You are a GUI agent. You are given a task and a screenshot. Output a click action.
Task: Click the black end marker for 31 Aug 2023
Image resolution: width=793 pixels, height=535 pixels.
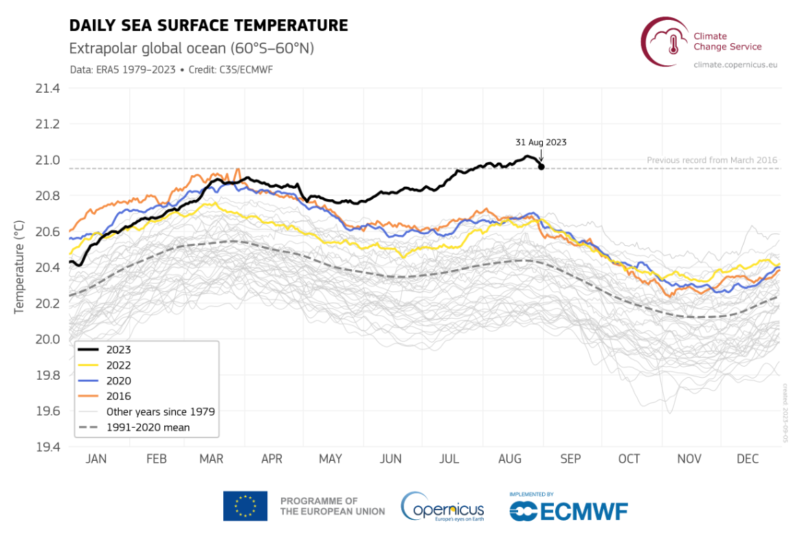(541, 167)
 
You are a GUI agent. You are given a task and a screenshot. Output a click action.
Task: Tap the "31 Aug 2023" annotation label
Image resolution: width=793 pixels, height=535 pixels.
(541, 142)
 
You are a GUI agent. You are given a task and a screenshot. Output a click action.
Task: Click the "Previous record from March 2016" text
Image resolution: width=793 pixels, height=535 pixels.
(712, 161)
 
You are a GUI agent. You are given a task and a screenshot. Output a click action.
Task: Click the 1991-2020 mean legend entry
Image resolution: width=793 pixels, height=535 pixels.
(148, 427)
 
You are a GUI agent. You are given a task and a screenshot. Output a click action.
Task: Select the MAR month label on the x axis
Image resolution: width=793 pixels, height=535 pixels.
(212, 459)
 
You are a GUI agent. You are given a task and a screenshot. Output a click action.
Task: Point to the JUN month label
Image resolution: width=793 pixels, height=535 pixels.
(391, 459)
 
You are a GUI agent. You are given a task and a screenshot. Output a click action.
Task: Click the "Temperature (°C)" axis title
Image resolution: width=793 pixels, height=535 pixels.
(19, 268)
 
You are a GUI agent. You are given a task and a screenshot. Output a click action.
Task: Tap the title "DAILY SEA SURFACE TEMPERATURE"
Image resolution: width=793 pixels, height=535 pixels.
(209, 26)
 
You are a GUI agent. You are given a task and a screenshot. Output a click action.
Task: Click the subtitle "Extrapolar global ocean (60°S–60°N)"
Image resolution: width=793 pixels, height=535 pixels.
(192, 49)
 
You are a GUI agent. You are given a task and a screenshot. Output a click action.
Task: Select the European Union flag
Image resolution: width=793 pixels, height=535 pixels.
(245, 506)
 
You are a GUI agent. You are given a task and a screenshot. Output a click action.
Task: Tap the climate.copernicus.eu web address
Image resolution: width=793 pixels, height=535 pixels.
(735, 64)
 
